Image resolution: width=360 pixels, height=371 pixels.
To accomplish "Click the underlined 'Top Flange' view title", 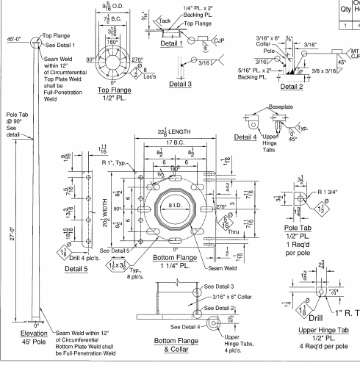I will coord(114,90).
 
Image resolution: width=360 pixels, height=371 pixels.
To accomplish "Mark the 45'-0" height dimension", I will coord(15,39).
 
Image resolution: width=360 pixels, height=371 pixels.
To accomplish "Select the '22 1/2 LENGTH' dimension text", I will coord(175,132).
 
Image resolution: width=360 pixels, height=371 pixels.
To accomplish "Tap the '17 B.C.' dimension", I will coord(175,142).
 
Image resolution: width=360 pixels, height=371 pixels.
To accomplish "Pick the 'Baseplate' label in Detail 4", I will coord(279,107).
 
